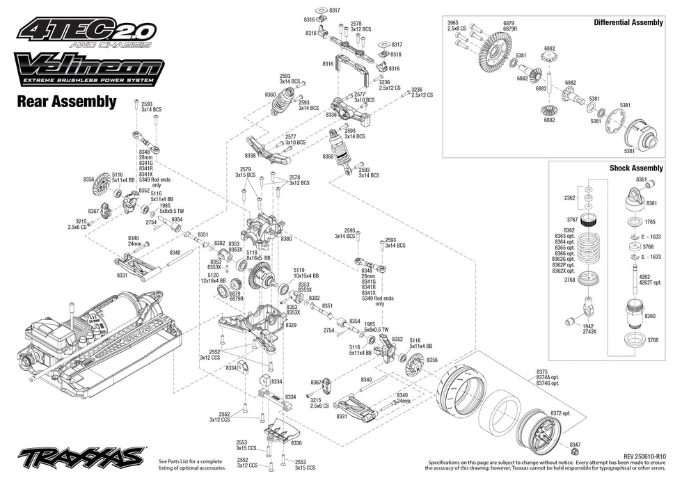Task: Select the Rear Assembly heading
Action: coord(66,102)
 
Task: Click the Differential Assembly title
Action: coord(628,22)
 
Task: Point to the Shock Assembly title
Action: coord(636,168)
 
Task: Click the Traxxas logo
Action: coord(82,458)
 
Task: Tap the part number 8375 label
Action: coord(541,372)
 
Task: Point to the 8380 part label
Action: coord(286,239)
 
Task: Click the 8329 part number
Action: coord(291,325)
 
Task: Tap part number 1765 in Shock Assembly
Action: coord(650,222)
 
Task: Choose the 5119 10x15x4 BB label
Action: coord(303,273)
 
